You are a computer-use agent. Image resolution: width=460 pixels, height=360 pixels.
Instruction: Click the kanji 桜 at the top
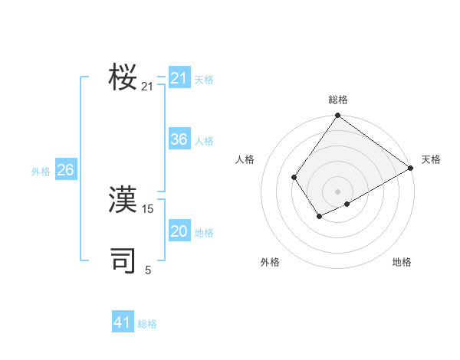point(123,77)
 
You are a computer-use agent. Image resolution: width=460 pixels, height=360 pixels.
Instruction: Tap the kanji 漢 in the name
point(123,200)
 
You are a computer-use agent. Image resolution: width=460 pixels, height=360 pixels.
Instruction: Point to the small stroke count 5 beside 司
point(148,270)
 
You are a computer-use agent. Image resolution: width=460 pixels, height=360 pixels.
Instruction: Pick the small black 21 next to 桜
point(148,87)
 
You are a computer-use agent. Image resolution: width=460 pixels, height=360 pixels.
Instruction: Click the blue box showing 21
point(179,78)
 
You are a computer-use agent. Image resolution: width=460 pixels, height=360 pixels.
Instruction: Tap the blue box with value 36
point(179,139)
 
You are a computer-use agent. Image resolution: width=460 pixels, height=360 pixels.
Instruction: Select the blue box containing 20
point(179,231)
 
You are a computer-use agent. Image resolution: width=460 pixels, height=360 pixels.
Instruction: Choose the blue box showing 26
point(66,170)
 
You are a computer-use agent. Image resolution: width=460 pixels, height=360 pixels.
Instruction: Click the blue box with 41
point(123,322)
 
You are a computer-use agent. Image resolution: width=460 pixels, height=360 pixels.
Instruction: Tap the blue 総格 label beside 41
point(147,324)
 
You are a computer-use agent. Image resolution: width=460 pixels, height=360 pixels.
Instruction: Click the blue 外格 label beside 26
point(41,172)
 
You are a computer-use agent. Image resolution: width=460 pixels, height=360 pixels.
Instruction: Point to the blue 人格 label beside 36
point(204,141)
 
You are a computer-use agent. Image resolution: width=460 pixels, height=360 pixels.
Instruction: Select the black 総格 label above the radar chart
point(338,100)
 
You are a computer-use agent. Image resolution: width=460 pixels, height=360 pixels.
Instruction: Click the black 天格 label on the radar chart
point(431,159)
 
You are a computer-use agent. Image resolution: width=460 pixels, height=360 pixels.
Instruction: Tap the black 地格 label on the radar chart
point(402,263)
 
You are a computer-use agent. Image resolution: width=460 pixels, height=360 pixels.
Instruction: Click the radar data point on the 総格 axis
point(337,116)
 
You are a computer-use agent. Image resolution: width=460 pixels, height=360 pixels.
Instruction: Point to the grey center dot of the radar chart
point(337,191)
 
